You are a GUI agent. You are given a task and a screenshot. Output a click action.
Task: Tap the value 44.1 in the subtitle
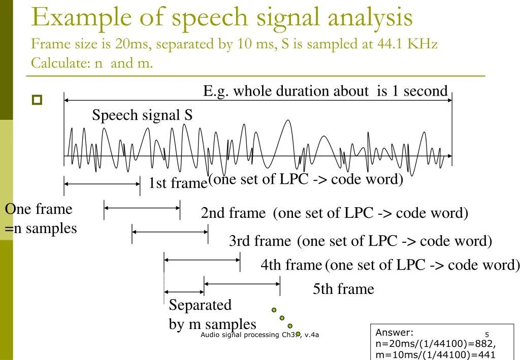389,44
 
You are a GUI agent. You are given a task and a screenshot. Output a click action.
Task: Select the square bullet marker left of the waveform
37,100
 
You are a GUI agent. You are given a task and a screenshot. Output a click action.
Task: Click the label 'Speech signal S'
142,115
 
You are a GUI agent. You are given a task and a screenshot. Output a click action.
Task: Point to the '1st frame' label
177,183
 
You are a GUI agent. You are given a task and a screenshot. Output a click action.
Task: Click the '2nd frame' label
233,213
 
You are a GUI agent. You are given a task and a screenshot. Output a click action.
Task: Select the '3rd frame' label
260,241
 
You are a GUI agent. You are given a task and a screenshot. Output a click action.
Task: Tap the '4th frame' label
291,265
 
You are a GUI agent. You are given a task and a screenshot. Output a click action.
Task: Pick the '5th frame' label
343,289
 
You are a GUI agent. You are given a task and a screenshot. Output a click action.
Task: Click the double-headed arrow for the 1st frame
102,185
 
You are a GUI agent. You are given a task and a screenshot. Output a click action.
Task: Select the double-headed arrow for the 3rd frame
170,232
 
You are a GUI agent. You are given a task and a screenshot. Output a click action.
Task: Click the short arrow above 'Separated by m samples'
184,292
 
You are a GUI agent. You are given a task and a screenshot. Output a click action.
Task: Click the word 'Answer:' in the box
395,333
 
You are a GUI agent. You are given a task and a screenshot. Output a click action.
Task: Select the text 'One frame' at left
39,209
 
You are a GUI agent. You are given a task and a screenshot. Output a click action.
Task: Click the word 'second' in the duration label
426,91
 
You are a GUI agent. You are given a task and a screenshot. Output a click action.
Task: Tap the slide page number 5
486,335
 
